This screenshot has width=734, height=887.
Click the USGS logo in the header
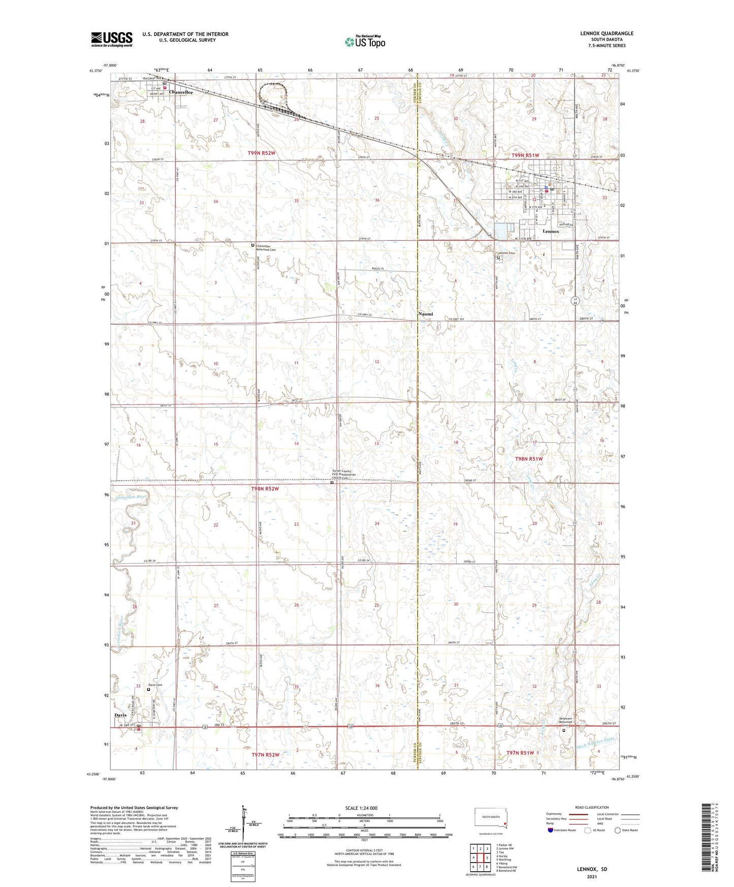(112, 39)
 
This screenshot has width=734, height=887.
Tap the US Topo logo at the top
(365, 41)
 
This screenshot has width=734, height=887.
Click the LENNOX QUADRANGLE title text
(607, 34)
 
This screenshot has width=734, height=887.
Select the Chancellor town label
(181, 92)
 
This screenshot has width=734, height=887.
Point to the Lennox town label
(551, 231)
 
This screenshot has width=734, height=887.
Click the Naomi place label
(426, 314)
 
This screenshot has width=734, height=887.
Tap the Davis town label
(120, 715)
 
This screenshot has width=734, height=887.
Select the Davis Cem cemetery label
(155, 685)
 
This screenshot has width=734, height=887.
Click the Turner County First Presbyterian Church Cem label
(341, 474)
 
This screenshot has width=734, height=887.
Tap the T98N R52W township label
(265, 489)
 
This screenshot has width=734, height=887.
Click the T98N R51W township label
(529, 459)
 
